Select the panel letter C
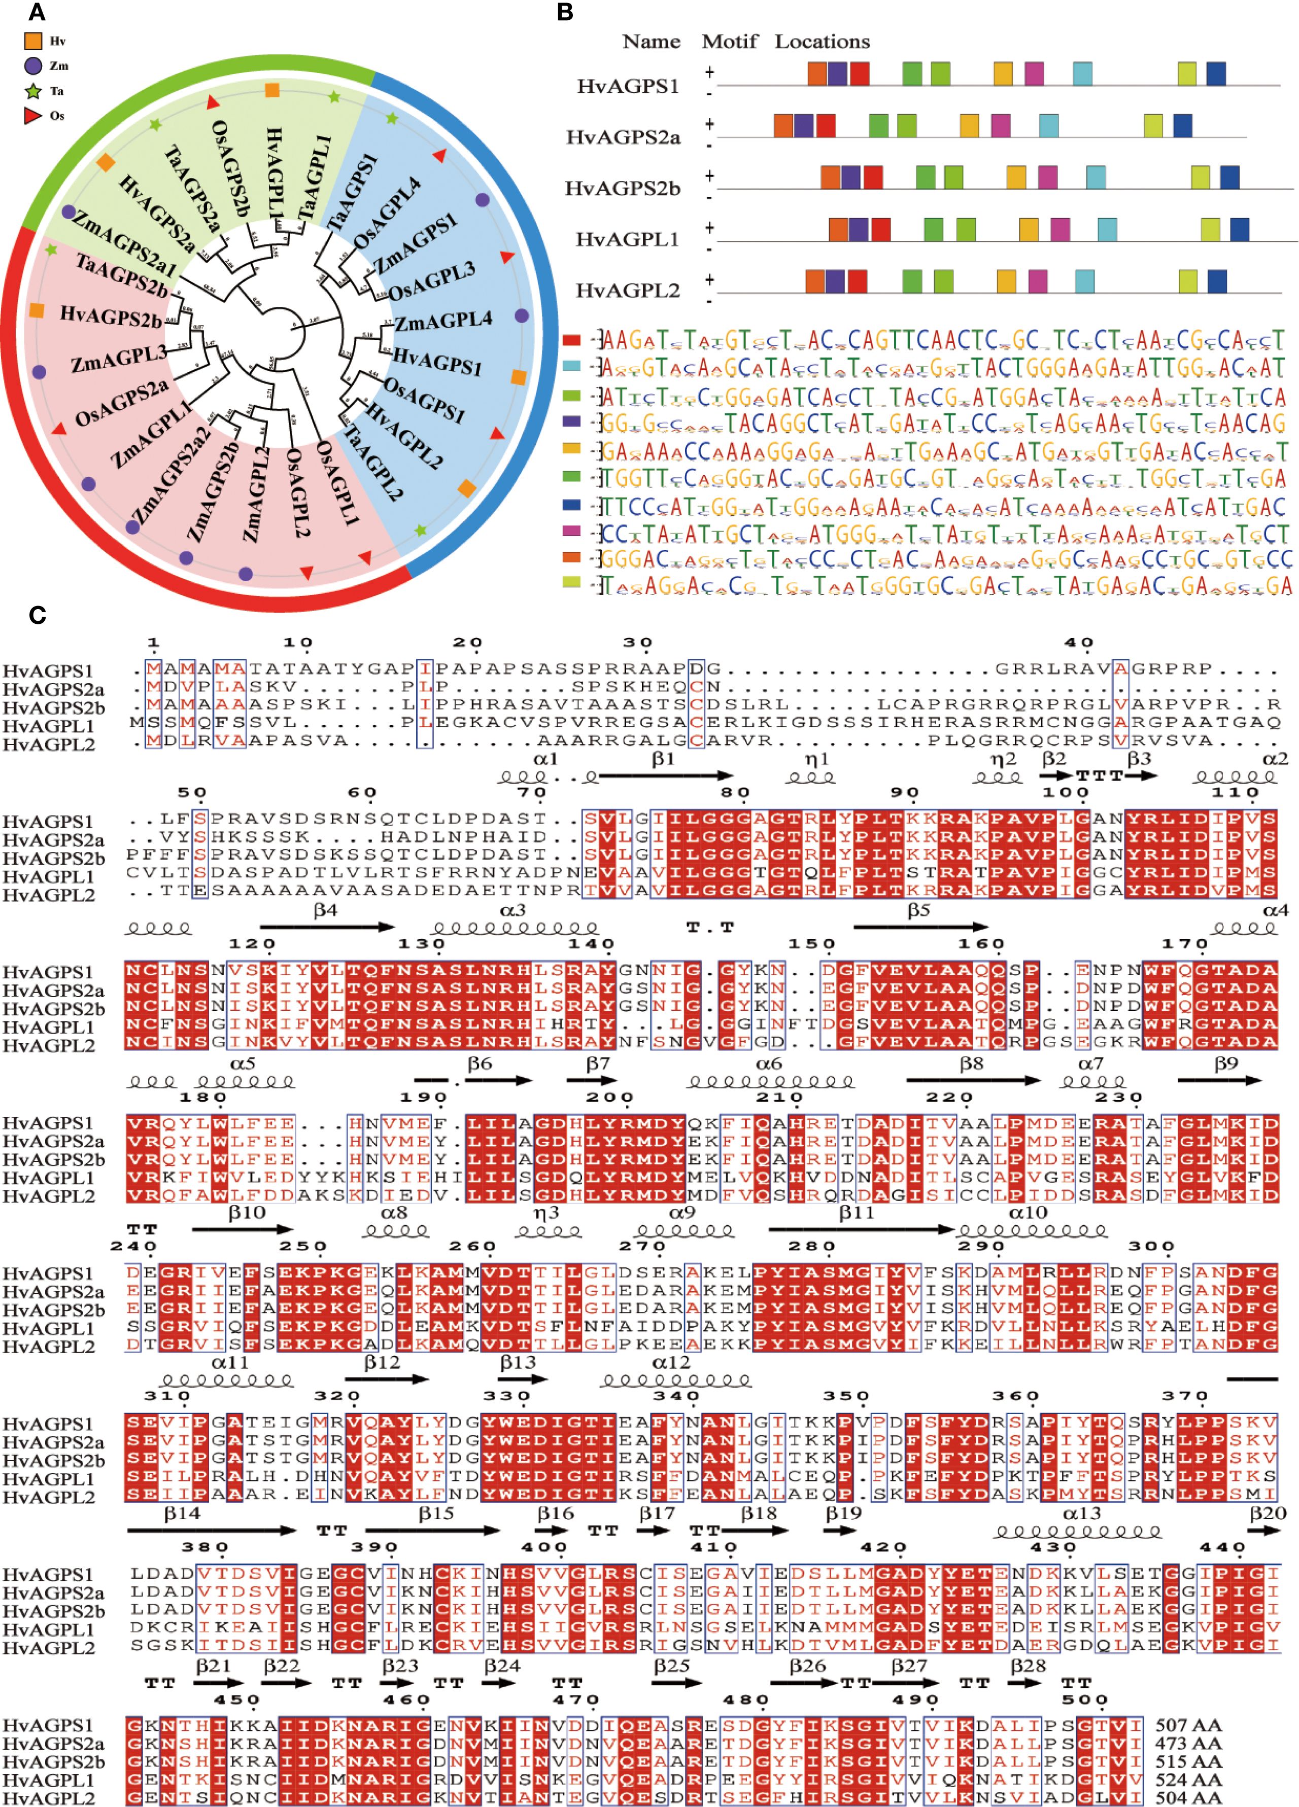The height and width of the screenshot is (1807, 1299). pos(37,615)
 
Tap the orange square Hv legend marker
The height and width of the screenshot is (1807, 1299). pos(32,41)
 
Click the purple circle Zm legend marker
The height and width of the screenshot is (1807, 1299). pos(32,65)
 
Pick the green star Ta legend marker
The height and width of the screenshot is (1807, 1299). pos(32,91)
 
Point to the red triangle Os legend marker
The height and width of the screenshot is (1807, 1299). pos(32,116)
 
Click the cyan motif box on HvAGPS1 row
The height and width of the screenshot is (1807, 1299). pos(1082,74)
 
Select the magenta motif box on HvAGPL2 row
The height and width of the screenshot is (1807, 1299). pos(1038,281)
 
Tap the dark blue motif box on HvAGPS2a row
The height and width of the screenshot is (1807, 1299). pos(1183,125)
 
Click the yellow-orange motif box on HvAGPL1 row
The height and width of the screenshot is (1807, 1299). pos(1029,229)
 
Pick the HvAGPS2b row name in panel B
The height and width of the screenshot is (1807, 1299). pos(623,189)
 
